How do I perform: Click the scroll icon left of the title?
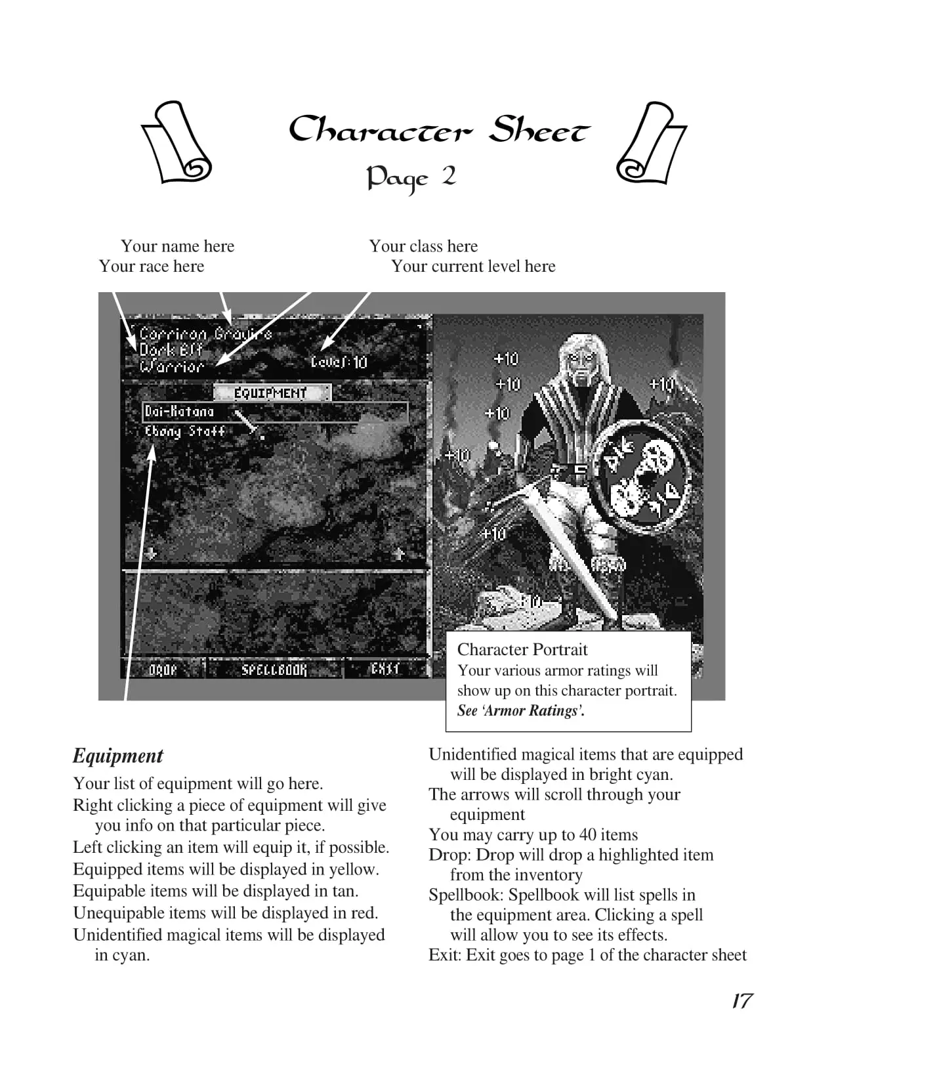(x=176, y=143)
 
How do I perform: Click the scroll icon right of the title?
(x=651, y=143)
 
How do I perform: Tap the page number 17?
(x=741, y=1001)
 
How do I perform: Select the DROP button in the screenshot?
(x=163, y=670)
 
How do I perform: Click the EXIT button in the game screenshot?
(x=385, y=669)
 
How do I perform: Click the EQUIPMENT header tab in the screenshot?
(x=271, y=393)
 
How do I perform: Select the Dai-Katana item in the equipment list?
(x=180, y=412)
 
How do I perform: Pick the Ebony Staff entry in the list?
(x=185, y=431)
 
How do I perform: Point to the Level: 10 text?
(x=339, y=362)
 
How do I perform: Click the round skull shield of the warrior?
(x=646, y=476)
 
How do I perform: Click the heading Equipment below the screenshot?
(x=118, y=756)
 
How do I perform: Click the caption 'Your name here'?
(x=177, y=246)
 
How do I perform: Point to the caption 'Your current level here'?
(x=473, y=266)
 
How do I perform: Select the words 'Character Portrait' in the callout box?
(x=522, y=649)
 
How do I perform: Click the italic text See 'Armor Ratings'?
(x=520, y=710)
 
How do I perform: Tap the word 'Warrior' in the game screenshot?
(x=172, y=366)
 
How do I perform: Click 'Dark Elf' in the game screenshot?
(x=171, y=350)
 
